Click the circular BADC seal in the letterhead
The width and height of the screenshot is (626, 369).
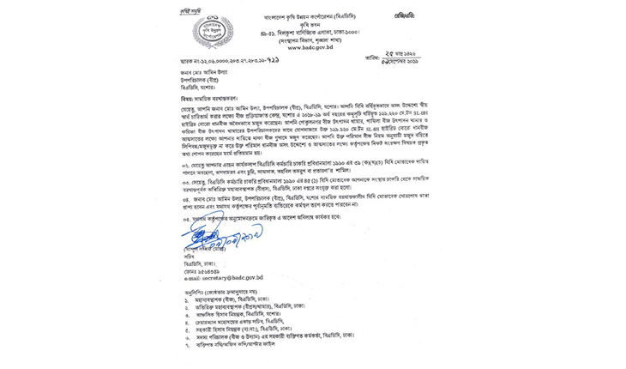[x=213, y=32]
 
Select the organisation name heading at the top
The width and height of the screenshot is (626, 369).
[x=312, y=16]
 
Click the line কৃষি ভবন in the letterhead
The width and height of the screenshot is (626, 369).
[x=312, y=25]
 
